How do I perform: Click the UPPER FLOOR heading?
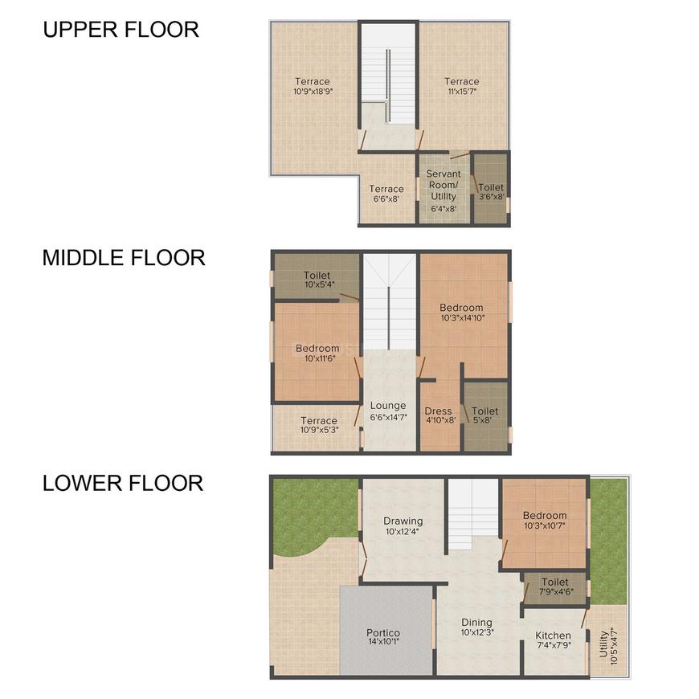[121, 30]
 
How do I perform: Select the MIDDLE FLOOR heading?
[124, 258]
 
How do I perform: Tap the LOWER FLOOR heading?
[123, 483]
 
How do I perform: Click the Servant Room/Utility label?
[444, 185]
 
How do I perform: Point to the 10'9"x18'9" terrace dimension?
[312, 92]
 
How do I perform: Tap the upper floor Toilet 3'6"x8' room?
[491, 192]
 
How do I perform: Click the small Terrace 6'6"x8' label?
[386, 194]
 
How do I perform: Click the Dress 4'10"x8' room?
[439, 415]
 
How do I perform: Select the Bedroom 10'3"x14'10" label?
[461, 312]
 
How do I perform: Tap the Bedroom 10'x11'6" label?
[317, 354]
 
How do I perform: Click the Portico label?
[383, 636]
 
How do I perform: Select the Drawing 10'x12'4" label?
[403, 525]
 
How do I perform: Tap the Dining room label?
[476, 627]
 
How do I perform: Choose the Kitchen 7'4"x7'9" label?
[554, 640]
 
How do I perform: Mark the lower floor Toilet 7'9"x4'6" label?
[555, 587]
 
